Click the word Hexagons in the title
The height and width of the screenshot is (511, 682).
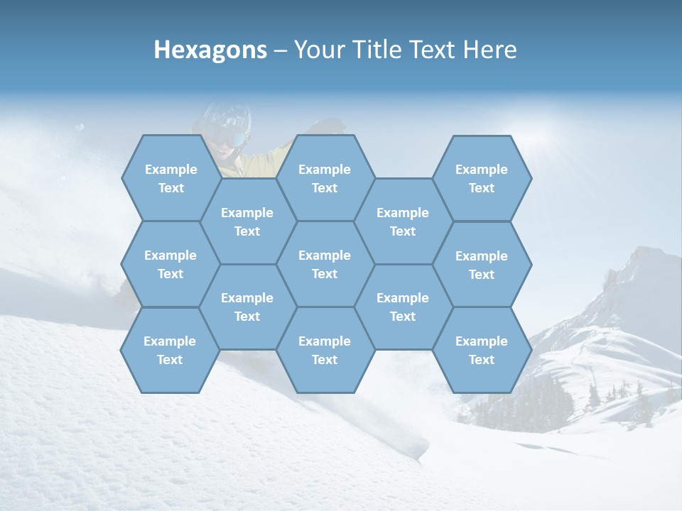210,50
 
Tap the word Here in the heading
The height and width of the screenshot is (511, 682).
489,50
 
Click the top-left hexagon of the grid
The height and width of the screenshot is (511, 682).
170,178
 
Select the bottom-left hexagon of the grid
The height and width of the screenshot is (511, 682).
170,350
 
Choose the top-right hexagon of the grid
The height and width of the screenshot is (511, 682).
482,178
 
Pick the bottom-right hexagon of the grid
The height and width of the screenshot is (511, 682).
482,350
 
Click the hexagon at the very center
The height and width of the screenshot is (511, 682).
325,264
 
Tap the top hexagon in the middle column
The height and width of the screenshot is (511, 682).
325,178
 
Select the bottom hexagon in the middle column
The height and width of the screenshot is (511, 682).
325,350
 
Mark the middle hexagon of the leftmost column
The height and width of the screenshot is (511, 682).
170,264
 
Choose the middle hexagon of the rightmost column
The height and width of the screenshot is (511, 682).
482,265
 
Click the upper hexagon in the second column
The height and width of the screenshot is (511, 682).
247,221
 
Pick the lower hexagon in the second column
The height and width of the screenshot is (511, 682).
247,307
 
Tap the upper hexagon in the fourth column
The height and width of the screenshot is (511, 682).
403,221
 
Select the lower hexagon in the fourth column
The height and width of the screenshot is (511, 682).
403,307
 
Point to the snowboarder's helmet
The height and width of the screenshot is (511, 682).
227,114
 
